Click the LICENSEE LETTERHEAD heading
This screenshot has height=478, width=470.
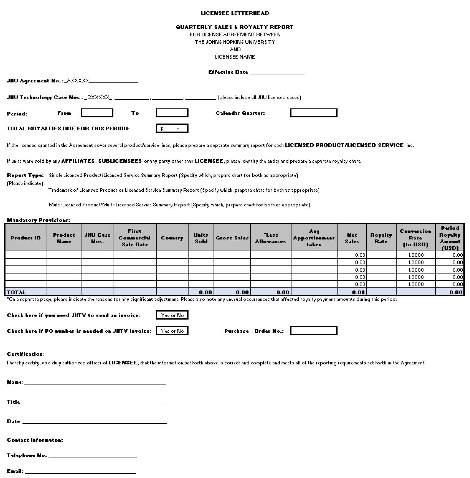point(235,13)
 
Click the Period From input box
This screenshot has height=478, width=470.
point(97,113)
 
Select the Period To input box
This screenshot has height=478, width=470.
point(172,113)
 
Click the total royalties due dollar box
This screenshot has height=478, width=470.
point(172,128)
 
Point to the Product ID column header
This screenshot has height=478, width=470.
point(26,238)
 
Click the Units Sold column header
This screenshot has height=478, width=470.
point(201,238)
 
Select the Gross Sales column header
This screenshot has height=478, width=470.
point(232,238)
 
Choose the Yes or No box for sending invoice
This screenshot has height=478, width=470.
point(172,315)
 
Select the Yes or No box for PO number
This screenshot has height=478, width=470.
point(172,331)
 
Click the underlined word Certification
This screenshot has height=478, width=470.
point(25,354)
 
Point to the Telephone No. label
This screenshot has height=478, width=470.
point(27,456)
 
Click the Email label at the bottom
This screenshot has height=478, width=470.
point(15,471)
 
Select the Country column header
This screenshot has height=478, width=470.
point(172,238)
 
